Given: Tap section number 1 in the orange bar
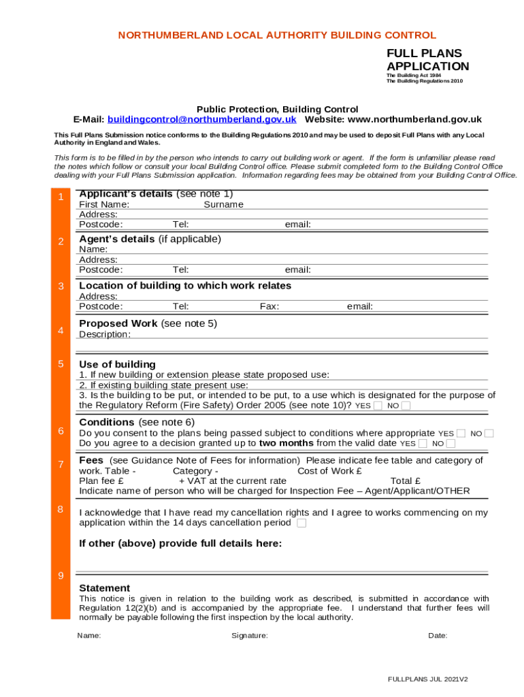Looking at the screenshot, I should (61, 197).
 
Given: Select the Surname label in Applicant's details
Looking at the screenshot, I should (223, 205).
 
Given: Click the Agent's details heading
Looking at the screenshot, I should (150, 239).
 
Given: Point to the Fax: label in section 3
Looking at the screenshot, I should (269, 306).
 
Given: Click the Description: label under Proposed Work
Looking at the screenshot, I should (105, 334).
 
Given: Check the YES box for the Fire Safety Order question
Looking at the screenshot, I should (378, 406).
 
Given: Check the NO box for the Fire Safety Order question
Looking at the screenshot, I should (406, 406).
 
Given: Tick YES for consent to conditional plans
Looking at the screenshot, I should (461, 434).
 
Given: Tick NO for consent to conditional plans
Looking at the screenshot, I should (489, 434).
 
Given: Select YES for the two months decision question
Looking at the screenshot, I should (423, 444).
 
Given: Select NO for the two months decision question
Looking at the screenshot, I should (451, 444).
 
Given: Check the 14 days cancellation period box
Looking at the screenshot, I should (301, 523).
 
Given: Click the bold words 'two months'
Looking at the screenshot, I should (286, 443).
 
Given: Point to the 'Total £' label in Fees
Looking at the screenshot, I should (406, 481).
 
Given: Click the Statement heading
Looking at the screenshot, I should (105, 588).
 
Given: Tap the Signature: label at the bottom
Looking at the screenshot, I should (250, 636).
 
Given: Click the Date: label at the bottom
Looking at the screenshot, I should (438, 636).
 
